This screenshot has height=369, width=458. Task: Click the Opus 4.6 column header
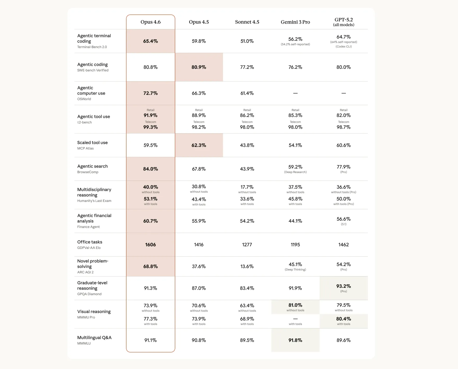tap(150, 22)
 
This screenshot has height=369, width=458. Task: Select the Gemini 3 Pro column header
tap(295, 22)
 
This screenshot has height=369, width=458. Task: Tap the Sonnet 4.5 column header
tap(247, 22)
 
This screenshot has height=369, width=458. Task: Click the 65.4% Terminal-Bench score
tap(150, 41)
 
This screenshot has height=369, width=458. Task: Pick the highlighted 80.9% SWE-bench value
tap(199, 67)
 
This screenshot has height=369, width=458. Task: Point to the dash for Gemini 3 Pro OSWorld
tap(295, 93)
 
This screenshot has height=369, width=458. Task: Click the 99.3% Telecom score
tap(150, 127)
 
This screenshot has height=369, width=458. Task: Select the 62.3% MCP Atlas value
tap(199, 145)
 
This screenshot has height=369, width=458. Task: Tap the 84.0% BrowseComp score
tap(150, 169)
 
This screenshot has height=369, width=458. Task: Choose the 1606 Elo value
tap(150, 245)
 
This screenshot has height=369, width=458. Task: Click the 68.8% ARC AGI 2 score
tap(150, 267)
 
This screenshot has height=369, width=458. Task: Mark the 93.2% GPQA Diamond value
tap(343, 286)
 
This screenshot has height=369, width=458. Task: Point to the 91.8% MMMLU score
tap(295, 340)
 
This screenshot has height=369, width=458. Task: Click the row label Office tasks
tap(90, 242)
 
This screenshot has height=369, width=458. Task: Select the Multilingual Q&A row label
tap(94, 338)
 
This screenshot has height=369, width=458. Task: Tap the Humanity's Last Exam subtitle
tap(94, 201)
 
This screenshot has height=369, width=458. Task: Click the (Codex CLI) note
tap(343, 46)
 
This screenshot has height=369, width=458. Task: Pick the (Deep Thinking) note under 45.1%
tap(295, 269)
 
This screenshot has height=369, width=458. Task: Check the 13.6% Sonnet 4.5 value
tap(247, 267)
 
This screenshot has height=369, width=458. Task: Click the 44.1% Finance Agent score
tap(295, 221)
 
